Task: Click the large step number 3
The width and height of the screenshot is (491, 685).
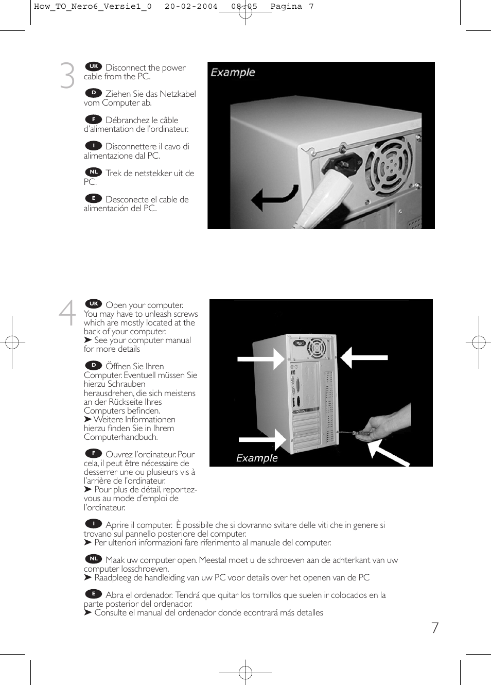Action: point(67,76)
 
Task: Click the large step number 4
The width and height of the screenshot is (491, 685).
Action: point(67,313)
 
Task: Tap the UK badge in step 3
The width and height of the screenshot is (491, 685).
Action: point(94,66)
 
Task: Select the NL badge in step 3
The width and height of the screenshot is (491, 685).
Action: point(94,172)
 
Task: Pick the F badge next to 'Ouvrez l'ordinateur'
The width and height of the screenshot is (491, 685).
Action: point(94,453)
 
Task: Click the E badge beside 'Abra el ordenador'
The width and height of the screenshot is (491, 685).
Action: point(94,594)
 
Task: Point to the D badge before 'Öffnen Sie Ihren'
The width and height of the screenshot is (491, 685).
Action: point(94,365)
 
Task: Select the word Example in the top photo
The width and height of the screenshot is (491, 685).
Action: point(233,73)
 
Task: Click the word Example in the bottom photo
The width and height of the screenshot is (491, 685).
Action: point(257,458)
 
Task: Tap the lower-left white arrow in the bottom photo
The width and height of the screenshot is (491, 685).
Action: point(262,439)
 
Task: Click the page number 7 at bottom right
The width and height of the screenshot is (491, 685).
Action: point(435,627)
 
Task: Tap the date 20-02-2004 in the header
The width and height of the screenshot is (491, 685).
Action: point(191,7)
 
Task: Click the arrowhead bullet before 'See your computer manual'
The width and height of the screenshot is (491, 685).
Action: point(88,340)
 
